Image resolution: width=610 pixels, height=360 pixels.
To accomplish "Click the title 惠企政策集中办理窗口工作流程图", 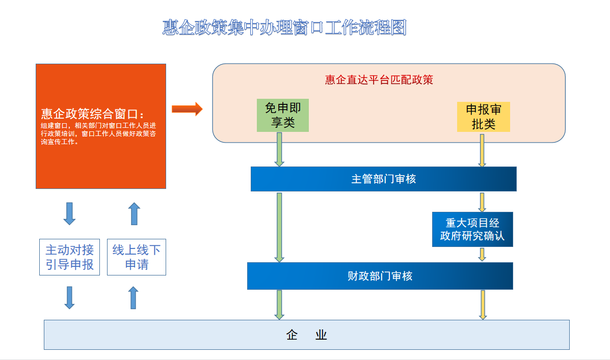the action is [x=284, y=27].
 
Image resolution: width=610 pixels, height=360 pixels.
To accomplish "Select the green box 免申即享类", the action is [x=283, y=116].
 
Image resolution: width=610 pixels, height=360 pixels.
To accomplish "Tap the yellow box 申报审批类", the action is [x=484, y=117].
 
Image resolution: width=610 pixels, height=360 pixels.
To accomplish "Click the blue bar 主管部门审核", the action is [x=384, y=179].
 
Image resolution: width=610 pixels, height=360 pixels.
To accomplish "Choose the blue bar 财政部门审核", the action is [x=380, y=276].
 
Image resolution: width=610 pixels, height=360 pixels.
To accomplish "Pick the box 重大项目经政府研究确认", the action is [x=472, y=229].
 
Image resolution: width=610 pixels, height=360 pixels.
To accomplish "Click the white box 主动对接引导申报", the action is [x=70, y=257].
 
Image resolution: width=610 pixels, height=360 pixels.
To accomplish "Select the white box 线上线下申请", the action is [x=137, y=257].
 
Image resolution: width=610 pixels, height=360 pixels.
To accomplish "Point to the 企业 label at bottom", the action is [x=307, y=335].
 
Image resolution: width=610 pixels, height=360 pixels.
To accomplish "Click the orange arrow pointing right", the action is [x=187, y=109].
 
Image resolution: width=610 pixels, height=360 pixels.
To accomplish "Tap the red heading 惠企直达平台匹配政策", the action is [x=379, y=80].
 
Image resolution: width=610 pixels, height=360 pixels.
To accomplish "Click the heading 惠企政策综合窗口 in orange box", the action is [x=93, y=114].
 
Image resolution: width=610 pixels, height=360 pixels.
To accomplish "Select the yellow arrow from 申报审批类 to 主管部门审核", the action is [x=482, y=150].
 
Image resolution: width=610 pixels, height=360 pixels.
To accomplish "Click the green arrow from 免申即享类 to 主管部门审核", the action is [x=279, y=150].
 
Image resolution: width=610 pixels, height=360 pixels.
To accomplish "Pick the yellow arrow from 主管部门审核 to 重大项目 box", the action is [x=482, y=202].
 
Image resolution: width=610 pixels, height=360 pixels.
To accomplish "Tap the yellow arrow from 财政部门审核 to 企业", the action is [x=483, y=305].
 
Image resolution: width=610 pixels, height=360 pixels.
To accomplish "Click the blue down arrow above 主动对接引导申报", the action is [x=70, y=213].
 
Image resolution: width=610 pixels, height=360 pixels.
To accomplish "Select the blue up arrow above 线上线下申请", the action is [x=134, y=213].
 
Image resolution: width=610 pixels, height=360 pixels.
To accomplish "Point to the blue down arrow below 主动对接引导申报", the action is [x=70, y=298].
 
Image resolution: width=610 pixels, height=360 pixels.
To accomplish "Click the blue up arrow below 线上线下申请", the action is [x=134, y=298].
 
